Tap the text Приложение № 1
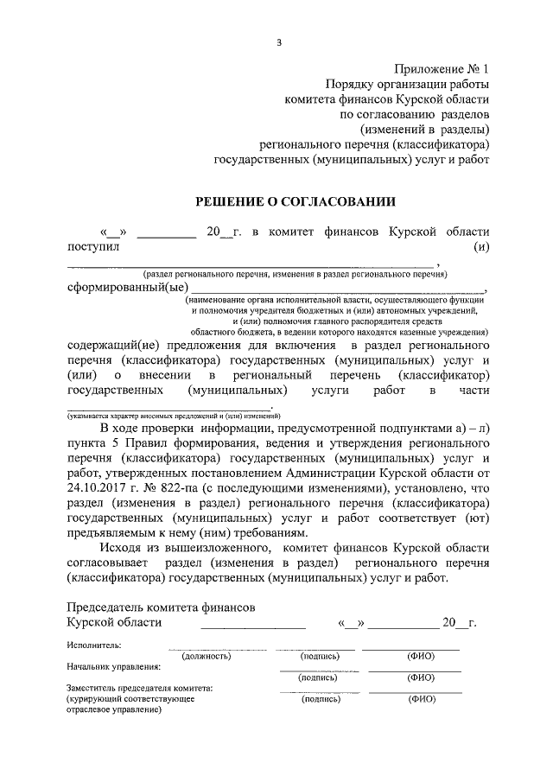click(x=442, y=68)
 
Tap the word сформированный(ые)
click(x=127, y=289)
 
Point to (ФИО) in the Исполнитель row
click(x=420, y=657)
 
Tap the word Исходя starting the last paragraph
click(x=122, y=548)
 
